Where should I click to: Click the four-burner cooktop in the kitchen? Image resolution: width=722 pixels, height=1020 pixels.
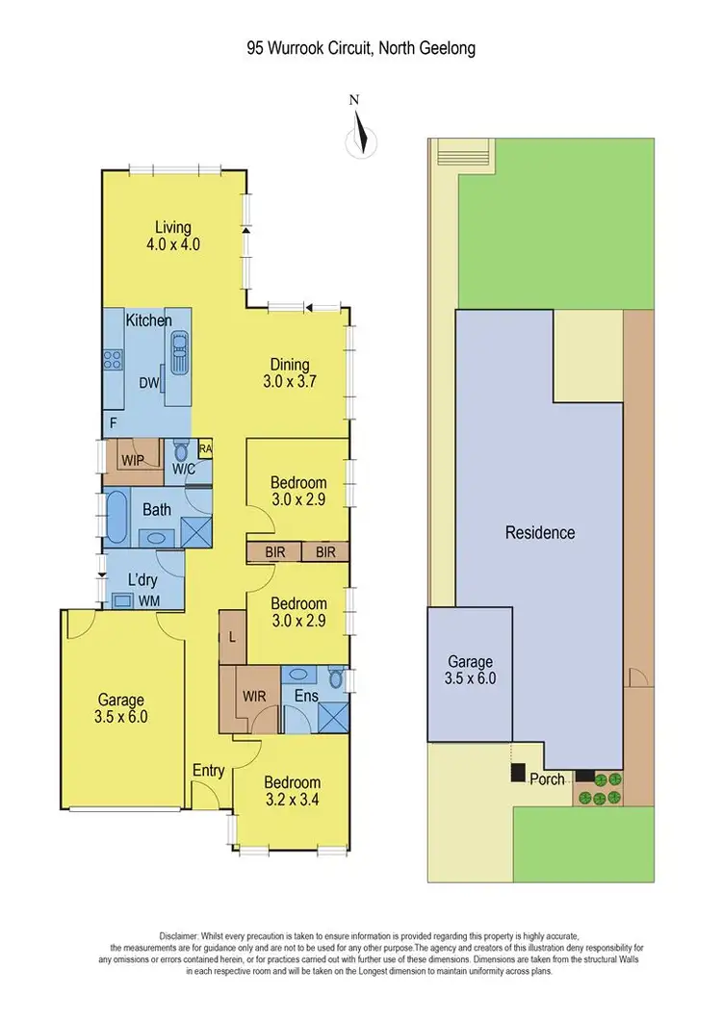coord(113,361)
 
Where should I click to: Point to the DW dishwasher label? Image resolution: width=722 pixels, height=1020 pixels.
coord(149,382)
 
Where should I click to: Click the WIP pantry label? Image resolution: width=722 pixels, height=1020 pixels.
coord(132,460)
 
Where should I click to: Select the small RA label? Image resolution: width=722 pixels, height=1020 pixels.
coord(205,448)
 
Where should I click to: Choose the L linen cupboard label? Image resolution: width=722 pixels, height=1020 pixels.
coord(233,638)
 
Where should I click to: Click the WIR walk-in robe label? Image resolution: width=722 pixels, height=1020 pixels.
coord(254,696)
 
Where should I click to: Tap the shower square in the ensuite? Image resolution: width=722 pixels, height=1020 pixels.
coord(333,717)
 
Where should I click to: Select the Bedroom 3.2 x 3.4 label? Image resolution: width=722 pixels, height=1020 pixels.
coord(294,791)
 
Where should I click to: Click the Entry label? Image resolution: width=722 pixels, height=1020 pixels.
coord(208,770)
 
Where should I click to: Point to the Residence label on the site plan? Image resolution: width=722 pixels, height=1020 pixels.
coord(540,532)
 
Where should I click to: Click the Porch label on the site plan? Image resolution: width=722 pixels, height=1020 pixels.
coord(547,778)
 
